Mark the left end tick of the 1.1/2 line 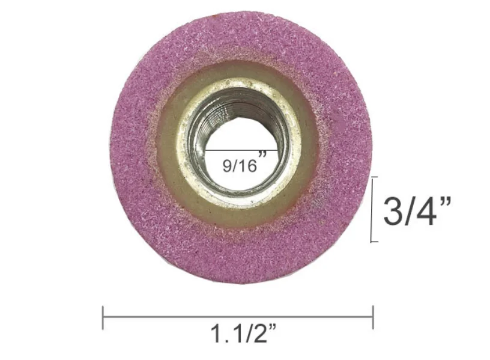tap(103, 317)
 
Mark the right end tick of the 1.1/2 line tap(373, 317)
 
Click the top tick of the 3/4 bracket tap(375, 178)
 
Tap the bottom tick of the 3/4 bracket tap(375, 242)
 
